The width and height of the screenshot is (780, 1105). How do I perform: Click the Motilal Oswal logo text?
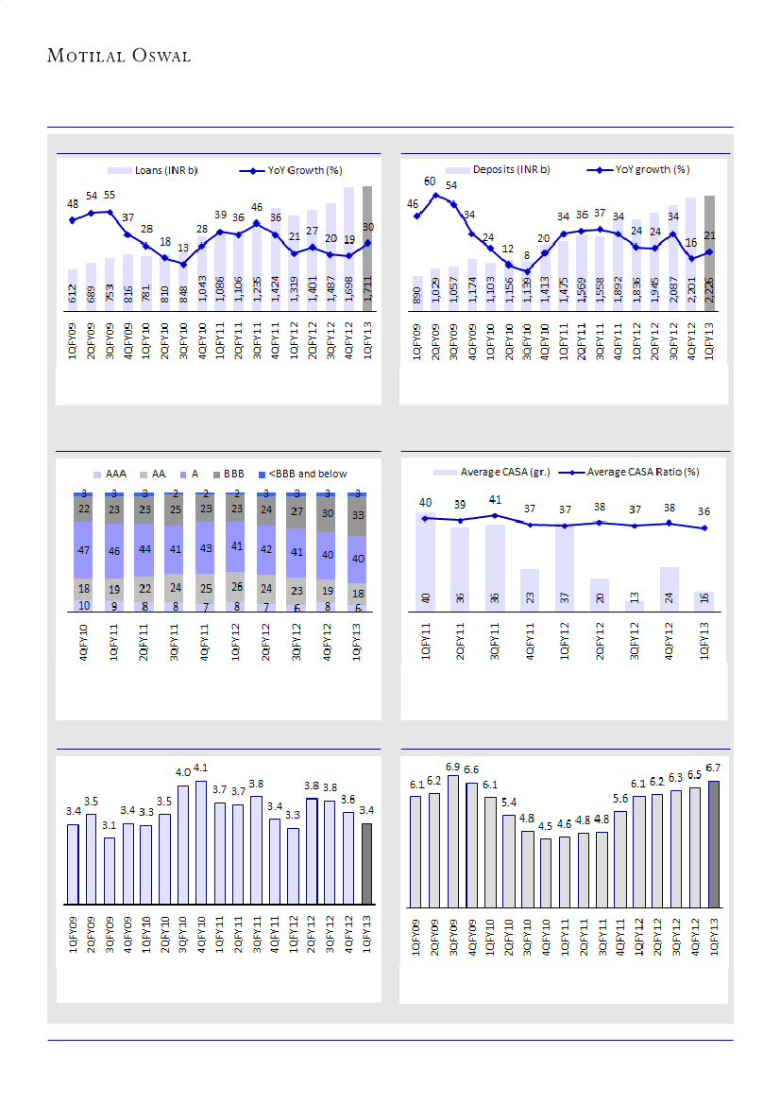119,56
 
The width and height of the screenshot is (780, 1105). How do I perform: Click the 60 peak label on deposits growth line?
430,181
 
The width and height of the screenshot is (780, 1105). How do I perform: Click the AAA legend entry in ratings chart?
112,474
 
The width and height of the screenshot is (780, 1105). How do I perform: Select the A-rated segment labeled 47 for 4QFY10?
83,549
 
